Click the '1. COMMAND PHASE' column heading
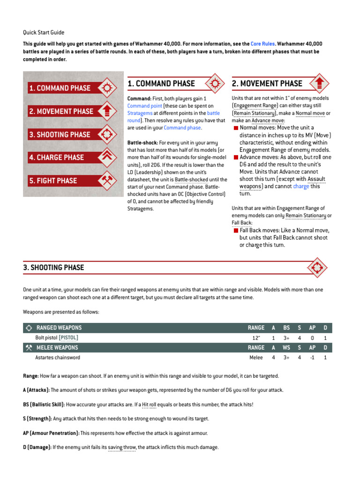pyautogui.click(x=161, y=83)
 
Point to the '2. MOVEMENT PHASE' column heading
pyautogui.click(x=267, y=83)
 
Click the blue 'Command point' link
pyautogui.click(x=145, y=106)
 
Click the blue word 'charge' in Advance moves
pyautogui.click(x=301, y=186)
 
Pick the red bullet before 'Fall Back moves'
pyautogui.click(x=235, y=230)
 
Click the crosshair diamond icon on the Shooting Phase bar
pyautogui.click(x=317, y=268)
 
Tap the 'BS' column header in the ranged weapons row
pyautogui.click(x=286, y=328)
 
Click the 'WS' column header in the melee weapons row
pyautogui.click(x=286, y=347)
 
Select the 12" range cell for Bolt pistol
pyautogui.click(x=256, y=337)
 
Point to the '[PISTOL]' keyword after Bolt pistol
pyautogui.click(x=69, y=337)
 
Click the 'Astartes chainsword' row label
pyautogui.click(x=58, y=357)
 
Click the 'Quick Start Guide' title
pyautogui.click(x=44, y=32)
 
